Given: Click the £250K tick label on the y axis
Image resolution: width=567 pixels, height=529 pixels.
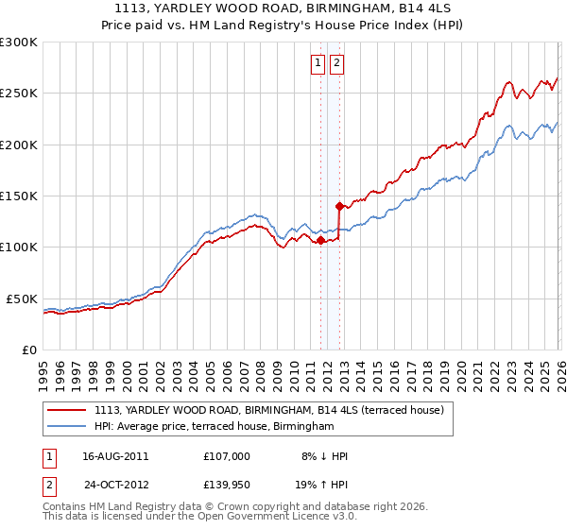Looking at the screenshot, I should tap(19, 94).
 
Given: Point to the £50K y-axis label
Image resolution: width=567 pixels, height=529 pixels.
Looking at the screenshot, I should tap(22, 299).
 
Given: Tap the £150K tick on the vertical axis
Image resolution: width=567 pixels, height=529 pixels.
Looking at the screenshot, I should tap(19, 196).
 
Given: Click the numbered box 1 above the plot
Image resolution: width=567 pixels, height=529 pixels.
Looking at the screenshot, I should tap(318, 64).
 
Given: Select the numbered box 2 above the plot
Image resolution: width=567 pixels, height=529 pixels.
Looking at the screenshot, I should tap(336, 64).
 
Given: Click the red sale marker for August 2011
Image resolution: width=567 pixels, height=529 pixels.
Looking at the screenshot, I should tap(320, 239).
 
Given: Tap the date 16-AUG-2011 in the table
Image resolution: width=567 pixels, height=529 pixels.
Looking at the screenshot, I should tap(115, 455).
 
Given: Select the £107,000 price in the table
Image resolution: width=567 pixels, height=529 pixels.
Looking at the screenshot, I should tap(227, 455).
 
